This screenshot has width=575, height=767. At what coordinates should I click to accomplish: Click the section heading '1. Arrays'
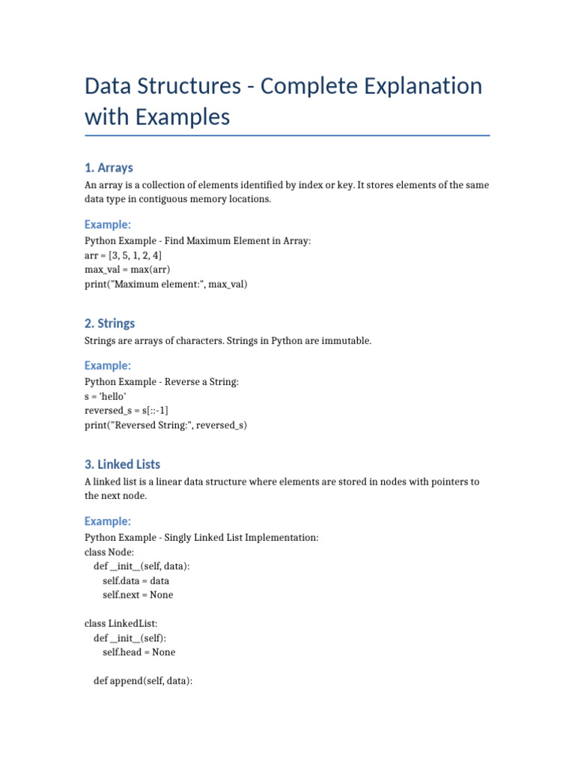[109, 167]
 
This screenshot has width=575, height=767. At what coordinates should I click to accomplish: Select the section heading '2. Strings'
[110, 323]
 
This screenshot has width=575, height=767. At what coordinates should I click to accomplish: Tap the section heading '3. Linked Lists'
[122, 464]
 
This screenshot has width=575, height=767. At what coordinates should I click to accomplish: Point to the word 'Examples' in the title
[178, 117]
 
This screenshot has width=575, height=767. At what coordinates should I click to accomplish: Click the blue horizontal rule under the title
[287, 136]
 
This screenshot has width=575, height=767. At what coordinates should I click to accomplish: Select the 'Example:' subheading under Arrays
[108, 224]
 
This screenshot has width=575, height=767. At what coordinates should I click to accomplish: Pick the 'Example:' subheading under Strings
[108, 365]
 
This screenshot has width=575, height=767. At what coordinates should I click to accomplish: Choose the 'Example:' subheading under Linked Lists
[108, 521]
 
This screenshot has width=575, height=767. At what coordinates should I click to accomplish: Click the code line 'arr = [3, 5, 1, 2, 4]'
[123, 255]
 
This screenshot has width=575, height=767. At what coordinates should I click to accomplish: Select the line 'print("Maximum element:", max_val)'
[165, 284]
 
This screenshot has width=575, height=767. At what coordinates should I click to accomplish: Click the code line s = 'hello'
[106, 396]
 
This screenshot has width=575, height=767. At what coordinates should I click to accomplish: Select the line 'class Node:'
[109, 552]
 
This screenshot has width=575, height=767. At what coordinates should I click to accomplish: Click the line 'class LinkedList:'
[121, 623]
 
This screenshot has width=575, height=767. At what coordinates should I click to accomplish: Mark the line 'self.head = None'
[139, 652]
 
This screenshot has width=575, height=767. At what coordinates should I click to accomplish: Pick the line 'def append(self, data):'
[144, 681]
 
